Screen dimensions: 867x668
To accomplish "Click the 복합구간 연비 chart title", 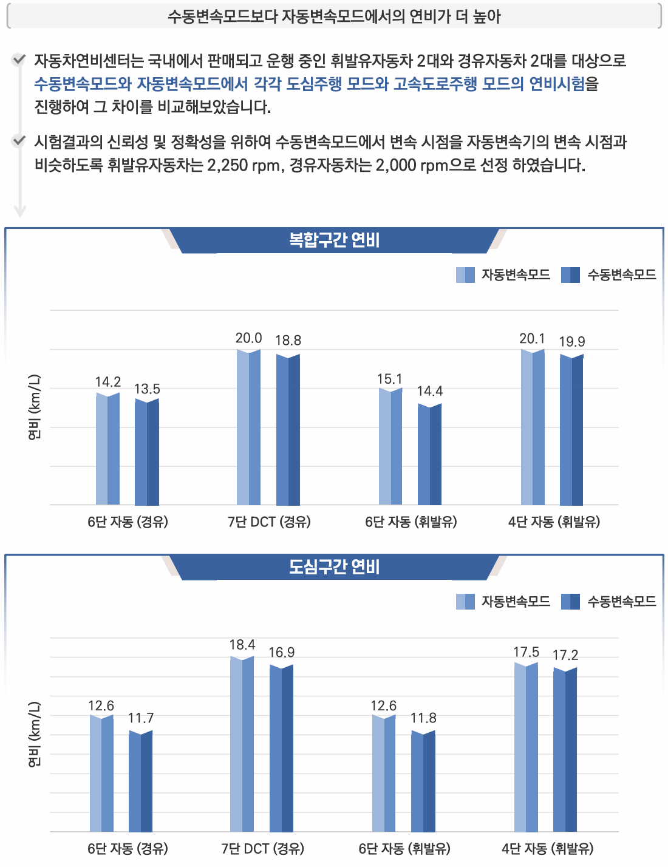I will tap(334, 240).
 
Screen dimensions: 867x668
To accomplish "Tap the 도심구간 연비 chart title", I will tap(334, 567).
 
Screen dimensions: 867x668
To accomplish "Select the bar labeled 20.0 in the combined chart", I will tap(248, 428).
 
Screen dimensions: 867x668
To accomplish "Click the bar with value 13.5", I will tap(147, 452).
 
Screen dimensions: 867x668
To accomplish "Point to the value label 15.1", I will tap(389, 379).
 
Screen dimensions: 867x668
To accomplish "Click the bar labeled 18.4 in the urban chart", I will tap(242, 744).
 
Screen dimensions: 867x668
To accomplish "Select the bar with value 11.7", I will tap(141, 782).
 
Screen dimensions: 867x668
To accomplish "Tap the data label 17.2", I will tap(565, 655).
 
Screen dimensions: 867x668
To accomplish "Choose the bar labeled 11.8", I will tap(423, 782).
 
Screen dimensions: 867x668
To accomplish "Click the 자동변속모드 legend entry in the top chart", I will tap(503, 275).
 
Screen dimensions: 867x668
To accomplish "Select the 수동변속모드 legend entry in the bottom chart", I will tap(609, 602).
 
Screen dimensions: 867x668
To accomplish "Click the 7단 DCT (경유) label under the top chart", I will tap(269, 522).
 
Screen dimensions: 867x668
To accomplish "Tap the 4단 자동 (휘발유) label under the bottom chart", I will tap(548, 848).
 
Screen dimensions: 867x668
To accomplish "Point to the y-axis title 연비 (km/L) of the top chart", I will tap(35, 407).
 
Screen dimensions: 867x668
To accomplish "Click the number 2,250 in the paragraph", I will tap(227, 165).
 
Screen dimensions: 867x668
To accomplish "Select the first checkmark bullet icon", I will tap(19, 60).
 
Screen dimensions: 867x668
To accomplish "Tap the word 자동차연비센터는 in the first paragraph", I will tap(89, 61).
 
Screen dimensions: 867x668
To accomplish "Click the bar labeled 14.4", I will tap(429, 454).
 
